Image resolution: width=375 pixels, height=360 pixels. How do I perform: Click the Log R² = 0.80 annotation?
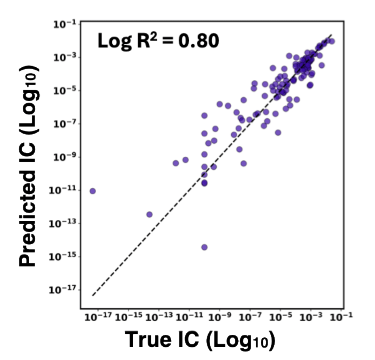[x=158, y=41]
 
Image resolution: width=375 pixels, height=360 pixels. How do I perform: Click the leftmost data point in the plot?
[x=92, y=191]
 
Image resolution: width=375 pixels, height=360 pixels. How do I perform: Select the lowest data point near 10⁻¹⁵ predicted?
[x=204, y=247]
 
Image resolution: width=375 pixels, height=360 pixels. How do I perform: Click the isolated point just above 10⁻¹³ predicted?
[x=149, y=214]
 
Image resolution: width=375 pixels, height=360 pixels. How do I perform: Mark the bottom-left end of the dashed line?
[x=93, y=296]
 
